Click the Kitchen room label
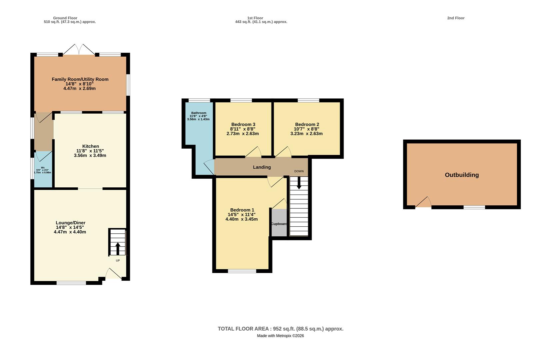click(x=91, y=146)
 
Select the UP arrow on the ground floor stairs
click(x=118, y=249)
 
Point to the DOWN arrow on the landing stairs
click(x=299, y=182)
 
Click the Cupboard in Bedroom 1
click(x=279, y=223)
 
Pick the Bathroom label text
click(x=199, y=113)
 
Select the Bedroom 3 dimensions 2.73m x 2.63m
click(x=243, y=134)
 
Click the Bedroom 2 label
click(x=307, y=124)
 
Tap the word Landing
click(x=262, y=167)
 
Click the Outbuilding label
click(x=462, y=175)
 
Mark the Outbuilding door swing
click(x=423, y=202)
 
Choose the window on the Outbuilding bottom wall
click(x=474, y=207)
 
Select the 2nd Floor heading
click(x=455, y=18)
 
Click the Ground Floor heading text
click(x=65, y=18)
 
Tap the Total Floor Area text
click(x=280, y=329)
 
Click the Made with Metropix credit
click(x=280, y=336)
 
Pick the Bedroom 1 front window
click(x=242, y=271)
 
